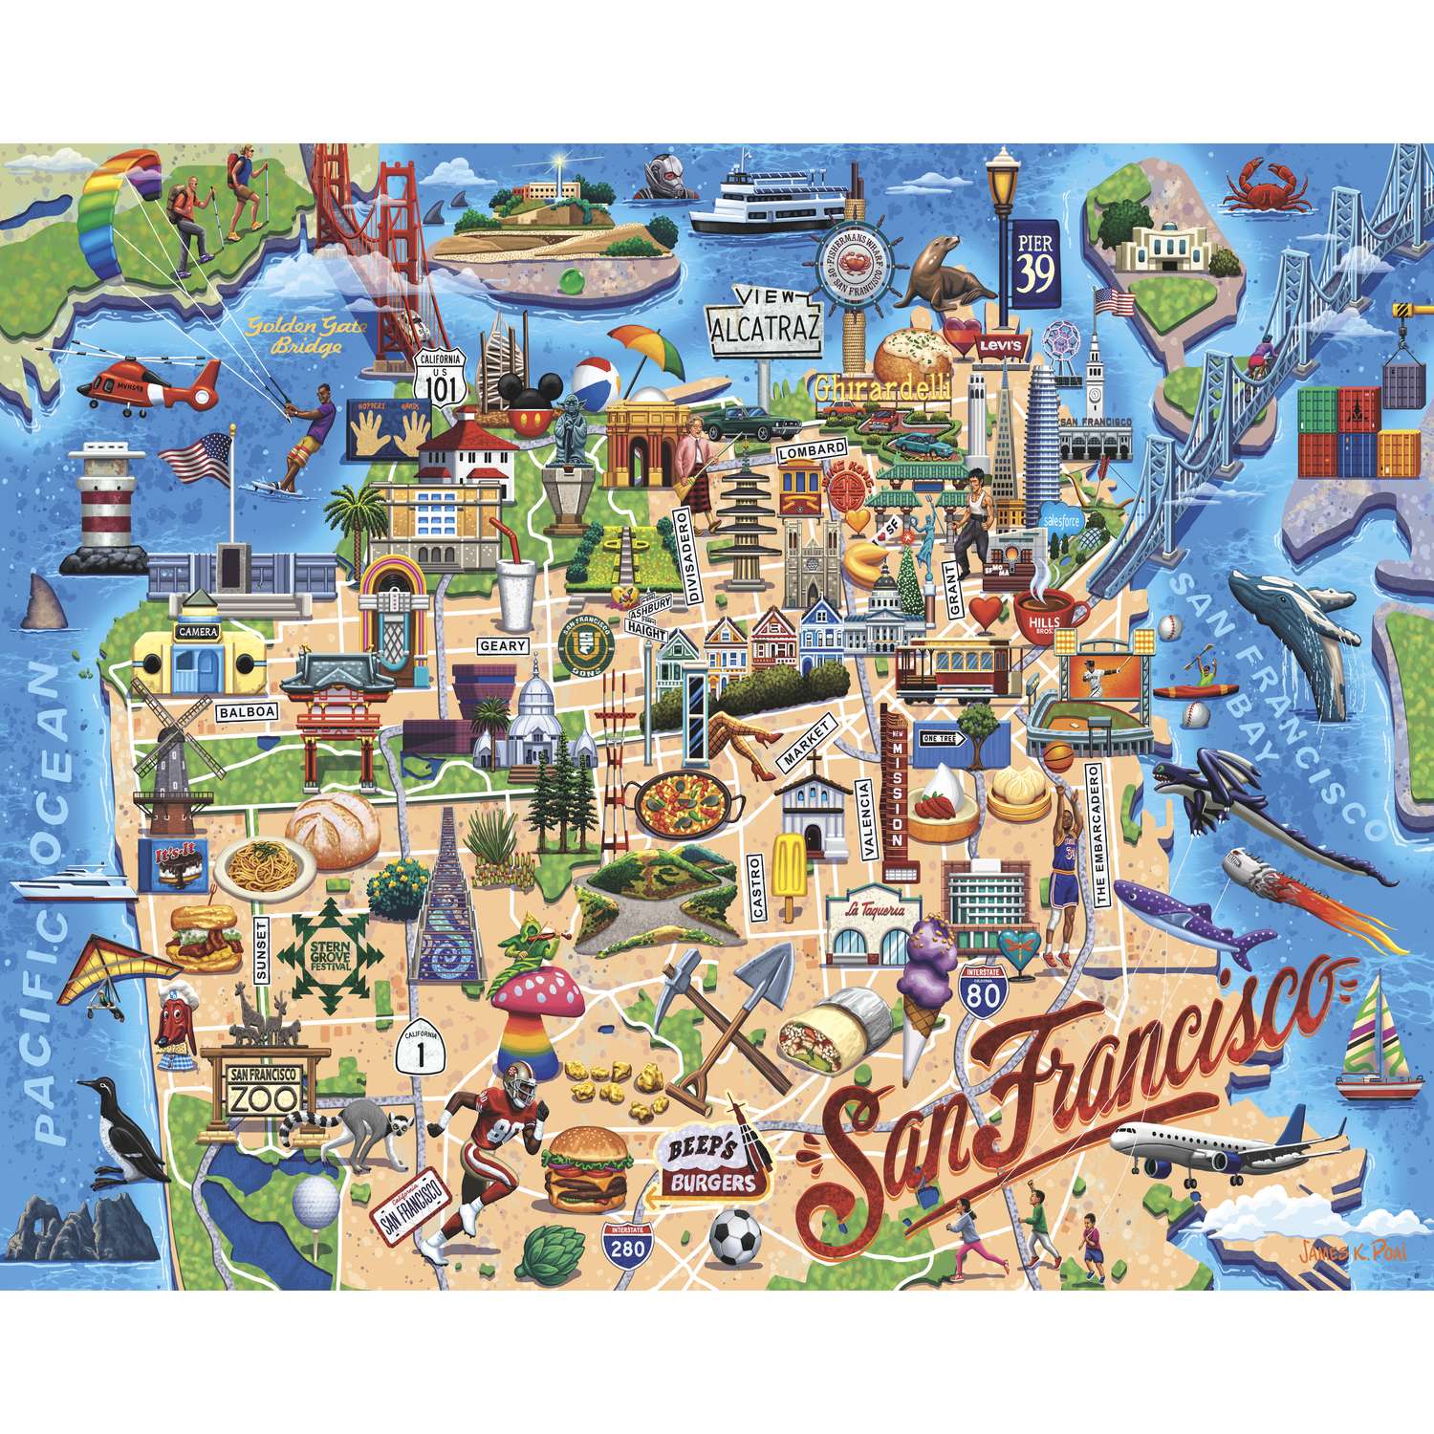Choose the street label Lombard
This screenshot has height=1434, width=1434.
pos(811,449)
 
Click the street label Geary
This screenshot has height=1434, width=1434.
pos(503,646)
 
